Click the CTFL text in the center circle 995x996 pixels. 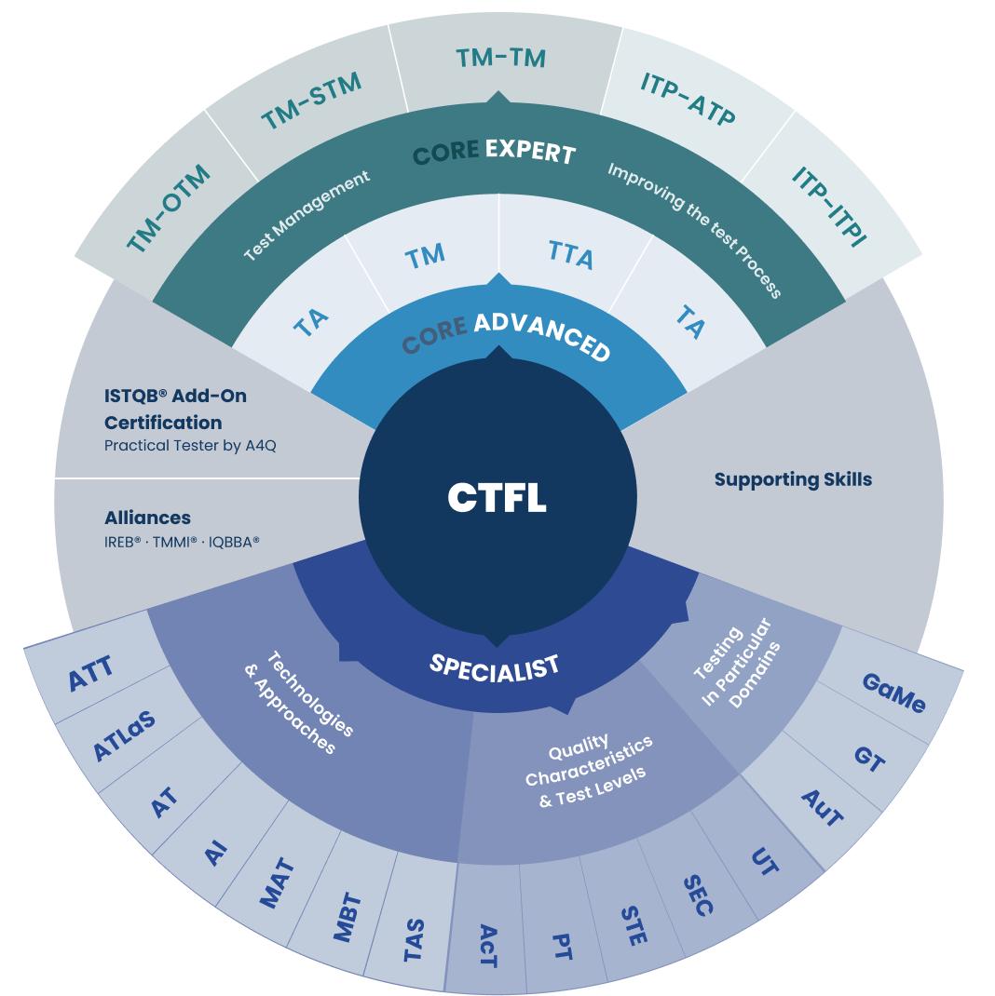[497, 497]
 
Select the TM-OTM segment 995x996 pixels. [169, 209]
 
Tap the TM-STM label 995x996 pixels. [311, 101]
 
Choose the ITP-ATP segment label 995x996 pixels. [688, 99]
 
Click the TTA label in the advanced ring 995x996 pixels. [571, 255]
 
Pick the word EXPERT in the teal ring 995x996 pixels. [530, 151]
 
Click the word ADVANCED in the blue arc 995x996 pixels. [542, 336]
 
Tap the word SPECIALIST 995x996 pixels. [495, 669]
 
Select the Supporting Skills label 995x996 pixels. [793, 479]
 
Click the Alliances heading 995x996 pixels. [147, 518]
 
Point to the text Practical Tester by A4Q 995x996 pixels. [190, 445]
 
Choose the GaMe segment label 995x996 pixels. [893, 693]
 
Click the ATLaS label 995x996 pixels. [124, 735]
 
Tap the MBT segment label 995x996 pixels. [348, 917]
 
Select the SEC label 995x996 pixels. [698, 895]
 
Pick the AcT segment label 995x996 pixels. [487, 946]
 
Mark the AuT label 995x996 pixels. [822, 808]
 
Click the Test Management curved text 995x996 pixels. [307, 215]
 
